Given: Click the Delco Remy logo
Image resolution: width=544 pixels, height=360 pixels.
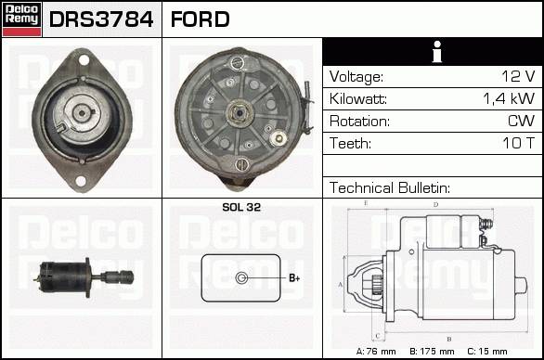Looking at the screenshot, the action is click(21, 19).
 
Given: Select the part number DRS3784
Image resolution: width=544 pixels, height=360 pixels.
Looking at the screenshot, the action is click(101, 19).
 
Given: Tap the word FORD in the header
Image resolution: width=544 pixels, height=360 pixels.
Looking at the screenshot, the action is click(201, 19).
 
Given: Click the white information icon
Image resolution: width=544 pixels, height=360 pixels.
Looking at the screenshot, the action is click(437, 52).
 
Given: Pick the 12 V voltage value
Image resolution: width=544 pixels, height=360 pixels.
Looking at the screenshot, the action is click(518, 76).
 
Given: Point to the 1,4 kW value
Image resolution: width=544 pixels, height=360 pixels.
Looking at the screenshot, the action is click(509, 99).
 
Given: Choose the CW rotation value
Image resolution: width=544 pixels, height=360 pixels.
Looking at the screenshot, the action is click(521, 121).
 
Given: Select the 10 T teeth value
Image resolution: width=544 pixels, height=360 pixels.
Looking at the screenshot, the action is click(518, 143).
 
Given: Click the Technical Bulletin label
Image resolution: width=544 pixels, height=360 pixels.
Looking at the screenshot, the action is click(390, 188).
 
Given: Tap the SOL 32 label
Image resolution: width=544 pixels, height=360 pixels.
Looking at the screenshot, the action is click(241, 207).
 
